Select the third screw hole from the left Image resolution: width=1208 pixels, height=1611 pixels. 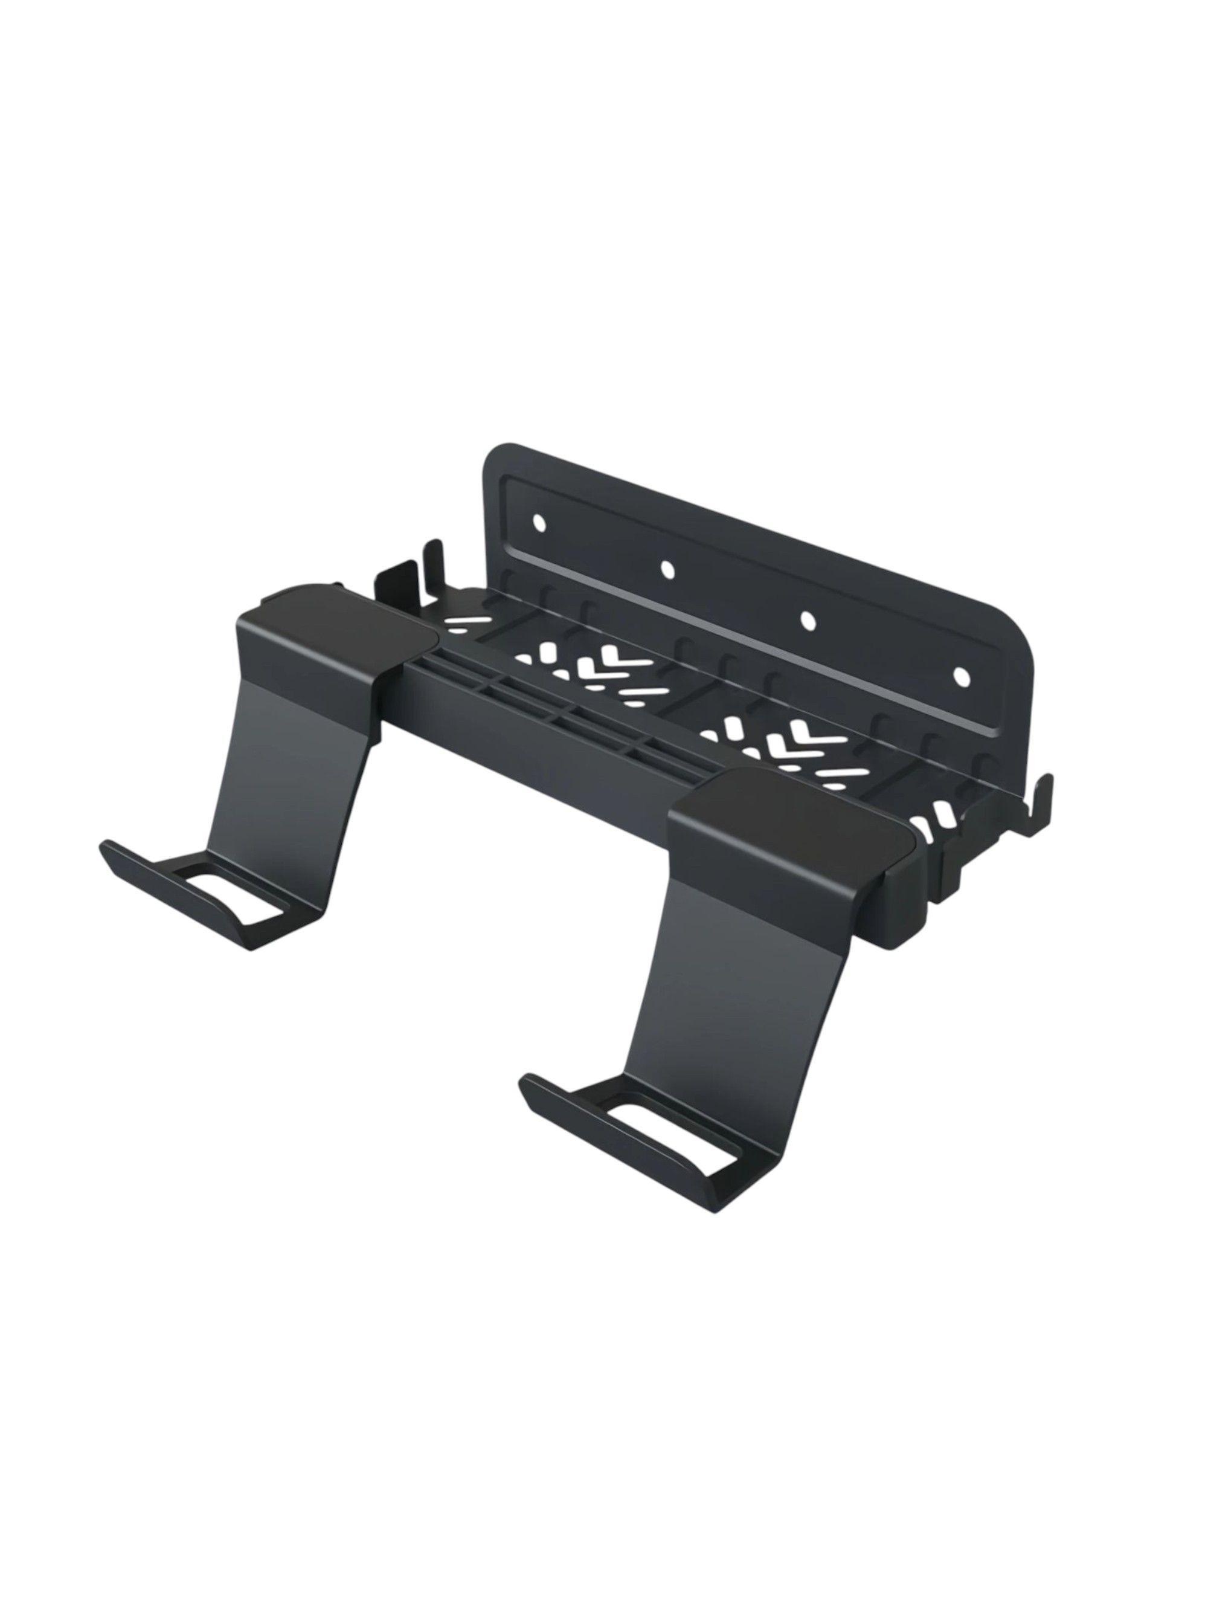(806, 618)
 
